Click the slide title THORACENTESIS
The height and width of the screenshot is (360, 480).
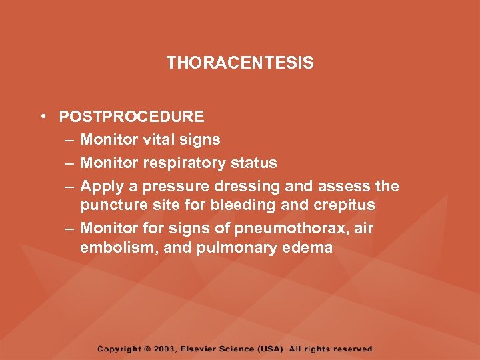(x=240, y=63)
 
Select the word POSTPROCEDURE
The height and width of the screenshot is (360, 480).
(x=131, y=117)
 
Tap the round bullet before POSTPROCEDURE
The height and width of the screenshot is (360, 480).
(x=42, y=117)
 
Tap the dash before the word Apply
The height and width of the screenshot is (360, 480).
(x=70, y=187)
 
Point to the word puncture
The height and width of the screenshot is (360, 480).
(x=110, y=205)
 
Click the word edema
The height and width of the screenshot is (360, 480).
(x=308, y=248)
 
